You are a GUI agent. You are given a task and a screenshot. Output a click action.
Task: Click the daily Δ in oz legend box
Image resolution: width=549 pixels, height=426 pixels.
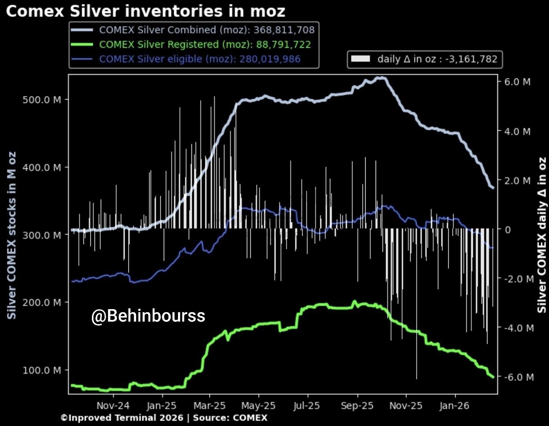(x=425, y=59)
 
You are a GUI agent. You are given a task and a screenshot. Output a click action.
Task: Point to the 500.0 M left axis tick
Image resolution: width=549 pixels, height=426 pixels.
(x=42, y=100)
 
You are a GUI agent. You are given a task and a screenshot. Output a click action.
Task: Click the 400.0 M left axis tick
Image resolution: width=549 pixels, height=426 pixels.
(x=42, y=167)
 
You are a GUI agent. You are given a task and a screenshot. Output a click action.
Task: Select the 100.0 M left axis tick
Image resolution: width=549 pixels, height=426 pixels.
(x=42, y=370)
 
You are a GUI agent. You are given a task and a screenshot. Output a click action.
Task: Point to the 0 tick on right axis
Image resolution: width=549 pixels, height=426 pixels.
(x=508, y=230)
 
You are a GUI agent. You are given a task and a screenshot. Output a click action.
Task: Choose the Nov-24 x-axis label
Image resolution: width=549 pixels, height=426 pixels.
(x=113, y=406)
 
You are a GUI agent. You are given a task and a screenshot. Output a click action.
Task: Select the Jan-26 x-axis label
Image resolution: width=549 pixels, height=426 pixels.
(x=455, y=406)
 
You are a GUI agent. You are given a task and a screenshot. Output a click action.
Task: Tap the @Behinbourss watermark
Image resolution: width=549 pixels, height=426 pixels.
(x=148, y=316)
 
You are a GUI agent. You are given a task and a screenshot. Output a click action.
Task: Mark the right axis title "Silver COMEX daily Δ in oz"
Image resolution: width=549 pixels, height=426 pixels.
(x=542, y=235)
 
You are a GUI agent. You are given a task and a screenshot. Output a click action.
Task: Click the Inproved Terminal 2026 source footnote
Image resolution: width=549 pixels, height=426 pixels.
(x=164, y=418)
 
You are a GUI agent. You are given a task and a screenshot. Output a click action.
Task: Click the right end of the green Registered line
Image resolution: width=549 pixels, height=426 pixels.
(x=493, y=377)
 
